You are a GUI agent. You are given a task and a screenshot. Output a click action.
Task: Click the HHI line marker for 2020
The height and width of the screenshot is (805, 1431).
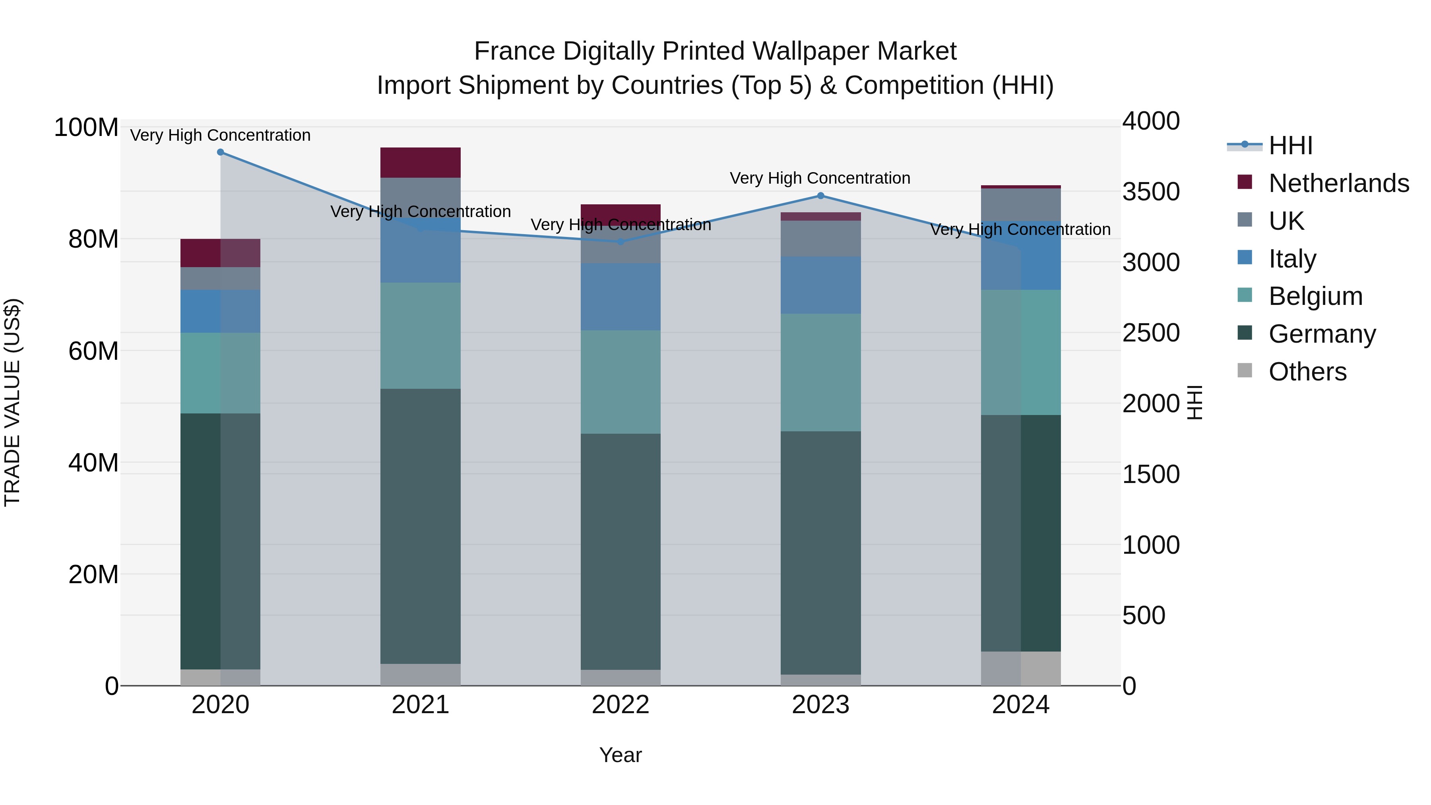coord(221,152)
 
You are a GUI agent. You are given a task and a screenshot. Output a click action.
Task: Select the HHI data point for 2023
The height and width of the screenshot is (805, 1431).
coord(820,196)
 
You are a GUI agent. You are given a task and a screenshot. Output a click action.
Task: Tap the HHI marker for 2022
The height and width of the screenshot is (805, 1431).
coord(620,242)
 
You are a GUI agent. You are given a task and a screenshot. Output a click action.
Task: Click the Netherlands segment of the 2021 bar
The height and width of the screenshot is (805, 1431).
coord(421,163)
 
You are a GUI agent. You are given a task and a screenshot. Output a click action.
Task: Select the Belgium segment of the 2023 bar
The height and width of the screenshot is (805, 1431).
coord(820,372)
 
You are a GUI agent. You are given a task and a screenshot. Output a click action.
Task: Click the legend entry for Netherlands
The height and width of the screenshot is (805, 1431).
coord(1338,183)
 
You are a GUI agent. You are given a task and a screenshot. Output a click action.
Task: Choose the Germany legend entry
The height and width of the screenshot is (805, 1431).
coord(1322,334)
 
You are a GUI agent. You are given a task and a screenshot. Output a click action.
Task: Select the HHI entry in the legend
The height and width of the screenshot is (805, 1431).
coord(1290,145)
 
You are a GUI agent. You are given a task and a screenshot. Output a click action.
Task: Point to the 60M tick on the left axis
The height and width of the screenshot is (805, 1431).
coord(93,351)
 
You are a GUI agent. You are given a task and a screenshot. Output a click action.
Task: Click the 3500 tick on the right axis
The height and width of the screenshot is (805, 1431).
coord(1150,192)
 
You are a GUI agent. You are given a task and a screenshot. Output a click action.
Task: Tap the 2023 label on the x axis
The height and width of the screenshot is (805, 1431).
coord(820,705)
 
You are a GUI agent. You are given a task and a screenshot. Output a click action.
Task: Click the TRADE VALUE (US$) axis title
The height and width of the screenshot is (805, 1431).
coord(12,402)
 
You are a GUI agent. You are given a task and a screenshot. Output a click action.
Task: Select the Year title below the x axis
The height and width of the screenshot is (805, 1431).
coord(620,755)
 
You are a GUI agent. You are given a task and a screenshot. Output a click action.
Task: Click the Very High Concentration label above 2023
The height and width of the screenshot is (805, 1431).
coord(820,178)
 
